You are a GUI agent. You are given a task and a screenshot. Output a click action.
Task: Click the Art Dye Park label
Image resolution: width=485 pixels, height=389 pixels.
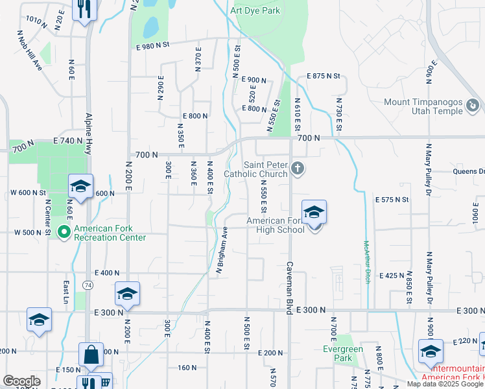point(255,11)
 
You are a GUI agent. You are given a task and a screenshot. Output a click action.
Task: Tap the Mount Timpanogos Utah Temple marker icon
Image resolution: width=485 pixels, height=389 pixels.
point(475,104)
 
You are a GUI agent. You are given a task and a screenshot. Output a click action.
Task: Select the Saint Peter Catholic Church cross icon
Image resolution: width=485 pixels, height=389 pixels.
point(298,169)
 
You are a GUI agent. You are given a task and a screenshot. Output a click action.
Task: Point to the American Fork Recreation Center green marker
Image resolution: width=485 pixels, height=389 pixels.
point(64,231)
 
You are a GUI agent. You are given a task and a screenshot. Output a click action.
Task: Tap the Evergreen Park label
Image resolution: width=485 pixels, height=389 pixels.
point(343,353)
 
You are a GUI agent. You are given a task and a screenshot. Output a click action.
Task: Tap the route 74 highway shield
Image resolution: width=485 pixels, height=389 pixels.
point(87,285)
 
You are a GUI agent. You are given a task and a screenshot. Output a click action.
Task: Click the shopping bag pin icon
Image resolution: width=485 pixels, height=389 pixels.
point(91,355)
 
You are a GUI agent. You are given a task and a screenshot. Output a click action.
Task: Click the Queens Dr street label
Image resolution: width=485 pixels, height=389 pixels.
point(468,172)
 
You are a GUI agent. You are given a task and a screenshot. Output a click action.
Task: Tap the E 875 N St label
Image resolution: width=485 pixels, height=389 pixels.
point(324,76)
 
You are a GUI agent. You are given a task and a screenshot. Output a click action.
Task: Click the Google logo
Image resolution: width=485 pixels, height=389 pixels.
point(21,381)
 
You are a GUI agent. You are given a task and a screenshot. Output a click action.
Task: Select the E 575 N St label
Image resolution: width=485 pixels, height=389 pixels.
point(393,200)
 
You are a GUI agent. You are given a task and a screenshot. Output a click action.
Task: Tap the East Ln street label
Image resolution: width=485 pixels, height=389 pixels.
point(66,292)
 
